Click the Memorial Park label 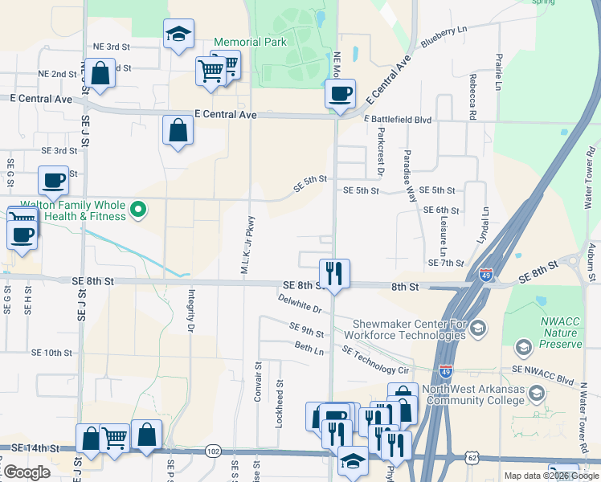point(249,42)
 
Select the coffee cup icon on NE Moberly point(340,93)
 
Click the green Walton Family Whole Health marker point(138,210)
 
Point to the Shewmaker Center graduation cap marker point(479,327)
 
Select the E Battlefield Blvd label point(397,120)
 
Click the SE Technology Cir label point(375,360)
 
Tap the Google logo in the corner point(26,472)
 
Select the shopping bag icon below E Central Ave point(178,130)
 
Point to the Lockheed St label point(279,405)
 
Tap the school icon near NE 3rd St point(178,34)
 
